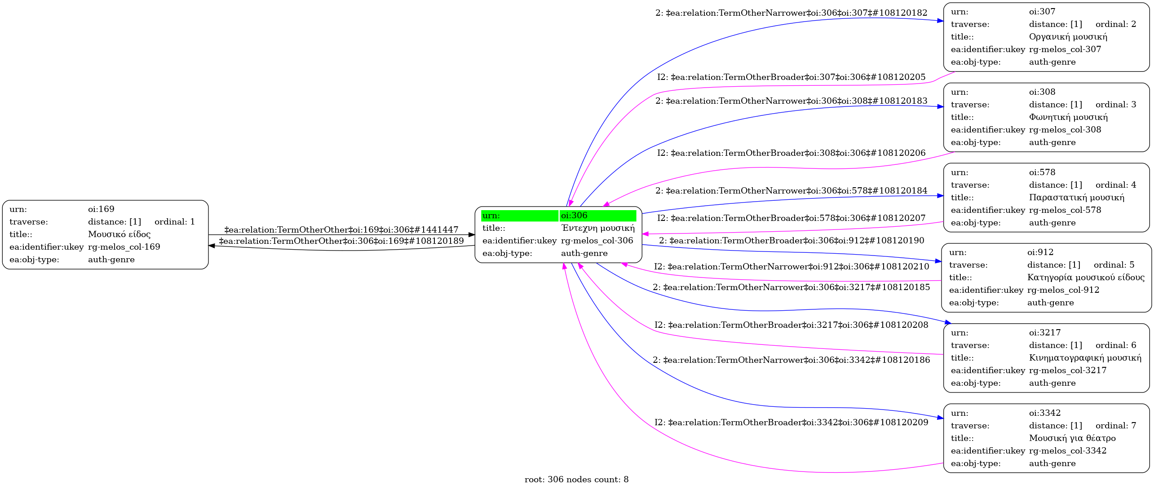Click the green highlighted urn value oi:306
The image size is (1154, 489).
[x=574, y=216]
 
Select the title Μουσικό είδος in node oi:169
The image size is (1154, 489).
[x=119, y=234]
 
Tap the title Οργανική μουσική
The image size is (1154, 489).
[x=1068, y=37]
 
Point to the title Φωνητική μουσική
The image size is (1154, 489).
[x=1068, y=117]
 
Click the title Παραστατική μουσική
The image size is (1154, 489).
[x=1076, y=198]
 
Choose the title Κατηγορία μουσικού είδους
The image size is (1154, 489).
[x=1085, y=278]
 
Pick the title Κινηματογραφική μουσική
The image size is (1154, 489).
[x=1085, y=358]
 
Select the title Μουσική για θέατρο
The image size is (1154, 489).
[x=1072, y=438]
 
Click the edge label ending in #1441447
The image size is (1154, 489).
[x=341, y=230]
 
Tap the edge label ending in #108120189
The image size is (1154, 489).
[x=341, y=241]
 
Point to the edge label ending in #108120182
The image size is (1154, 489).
[x=791, y=13]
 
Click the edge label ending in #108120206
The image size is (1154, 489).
[x=791, y=153]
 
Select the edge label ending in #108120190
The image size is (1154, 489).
[x=791, y=241]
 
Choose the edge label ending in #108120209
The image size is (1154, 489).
[x=791, y=423]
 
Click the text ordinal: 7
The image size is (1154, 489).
[x=1115, y=426]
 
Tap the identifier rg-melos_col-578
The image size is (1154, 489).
[x=1065, y=210]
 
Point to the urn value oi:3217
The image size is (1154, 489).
[x=1044, y=333]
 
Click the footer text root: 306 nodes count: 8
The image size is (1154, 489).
[x=576, y=480]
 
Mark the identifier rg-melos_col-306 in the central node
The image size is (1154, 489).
[x=597, y=241]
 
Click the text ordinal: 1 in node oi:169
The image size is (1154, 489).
[x=174, y=222]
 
